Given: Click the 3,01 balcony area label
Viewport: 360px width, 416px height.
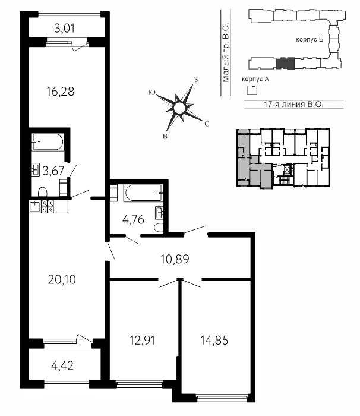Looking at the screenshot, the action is (x=64, y=29).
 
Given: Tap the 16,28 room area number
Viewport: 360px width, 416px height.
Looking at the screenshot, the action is (x=61, y=92).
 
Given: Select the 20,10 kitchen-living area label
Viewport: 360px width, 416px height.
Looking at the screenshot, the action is (x=62, y=280).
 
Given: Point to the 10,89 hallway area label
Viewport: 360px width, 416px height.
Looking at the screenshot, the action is (x=175, y=259).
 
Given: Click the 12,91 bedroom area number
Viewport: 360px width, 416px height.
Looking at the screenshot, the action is (x=143, y=341).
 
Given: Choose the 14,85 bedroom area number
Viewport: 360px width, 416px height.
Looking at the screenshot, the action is (x=214, y=341).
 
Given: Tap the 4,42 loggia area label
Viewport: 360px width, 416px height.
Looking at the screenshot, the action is (x=62, y=366).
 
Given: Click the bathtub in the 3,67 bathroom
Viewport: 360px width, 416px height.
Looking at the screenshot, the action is (x=48, y=142).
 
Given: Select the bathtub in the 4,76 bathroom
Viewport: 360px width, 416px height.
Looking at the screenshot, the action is (x=143, y=193).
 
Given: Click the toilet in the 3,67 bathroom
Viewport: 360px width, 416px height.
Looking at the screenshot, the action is (x=42, y=192).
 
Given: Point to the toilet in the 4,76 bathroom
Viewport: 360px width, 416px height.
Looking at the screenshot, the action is (x=159, y=228).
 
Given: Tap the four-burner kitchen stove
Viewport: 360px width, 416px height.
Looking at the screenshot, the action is (x=48, y=206).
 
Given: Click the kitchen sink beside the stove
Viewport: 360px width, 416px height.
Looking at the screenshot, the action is (x=35, y=206).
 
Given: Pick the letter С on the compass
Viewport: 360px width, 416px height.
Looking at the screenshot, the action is (x=207, y=124).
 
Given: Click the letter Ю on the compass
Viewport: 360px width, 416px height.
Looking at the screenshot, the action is (x=151, y=92).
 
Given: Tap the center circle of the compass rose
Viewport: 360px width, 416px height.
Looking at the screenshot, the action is (x=179, y=108).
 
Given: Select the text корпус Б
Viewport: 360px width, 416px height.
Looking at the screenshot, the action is (x=310, y=40).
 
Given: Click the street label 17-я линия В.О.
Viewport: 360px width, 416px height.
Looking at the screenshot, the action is (x=293, y=105).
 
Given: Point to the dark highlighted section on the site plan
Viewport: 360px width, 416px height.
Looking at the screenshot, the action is (x=285, y=64).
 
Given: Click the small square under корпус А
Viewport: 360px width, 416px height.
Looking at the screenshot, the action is (x=252, y=90).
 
